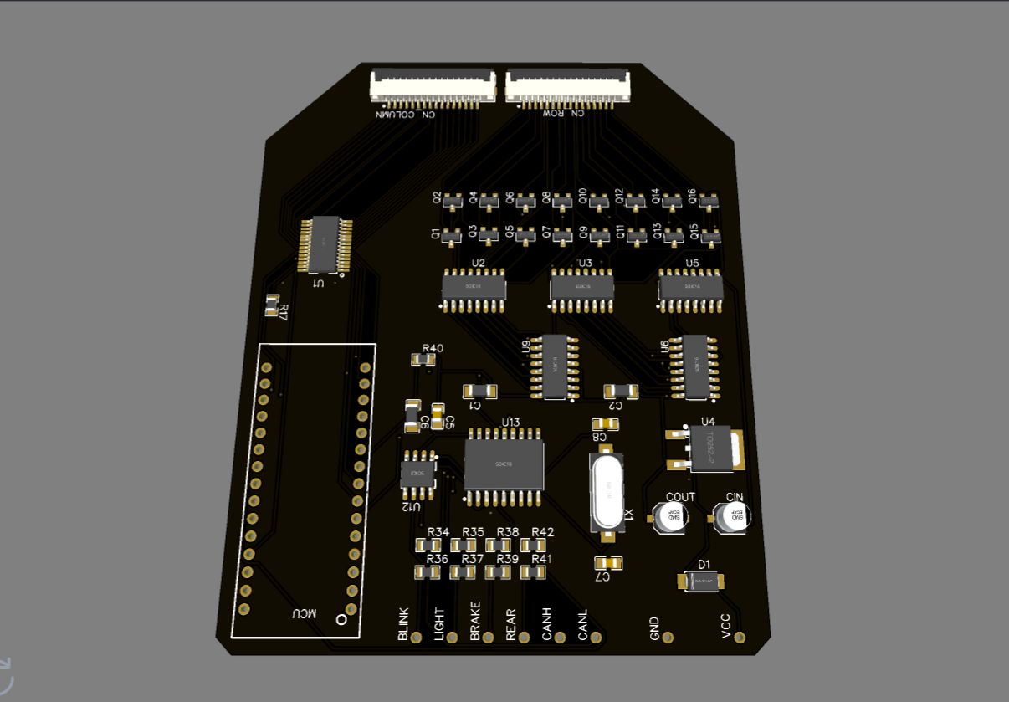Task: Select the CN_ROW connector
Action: pyautogui.click(x=567, y=85)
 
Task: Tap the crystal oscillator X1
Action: pyautogui.click(x=607, y=491)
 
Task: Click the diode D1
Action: pyautogui.click(x=704, y=581)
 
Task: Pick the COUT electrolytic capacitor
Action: pyautogui.click(x=671, y=518)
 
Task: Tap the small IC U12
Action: pyautogui.click(x=418, y=474)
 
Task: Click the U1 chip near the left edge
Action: pyautogui.click(x=324, y=243)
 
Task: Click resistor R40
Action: pyautogui.click(x=423, y=360)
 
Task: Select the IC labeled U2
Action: pyautogui.click(x=474, y=288)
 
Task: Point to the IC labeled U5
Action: pyautogui.click(x=690, y=288)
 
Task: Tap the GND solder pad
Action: pyautogui.click(x=668, y=638)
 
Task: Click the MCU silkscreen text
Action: pyautogui.click(x=304, y=613)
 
